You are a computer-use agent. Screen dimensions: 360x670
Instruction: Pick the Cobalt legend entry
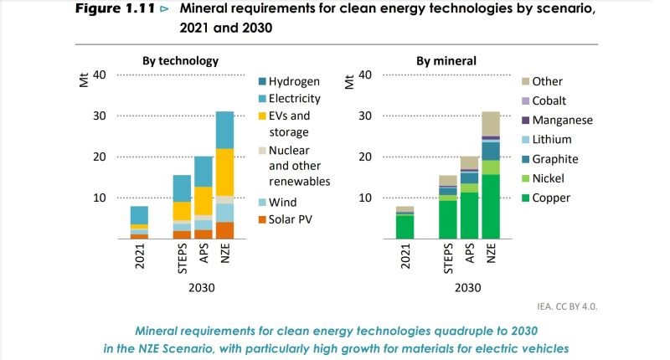549,100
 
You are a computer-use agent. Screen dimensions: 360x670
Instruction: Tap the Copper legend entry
550,198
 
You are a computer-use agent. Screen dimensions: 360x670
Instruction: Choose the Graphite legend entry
554,159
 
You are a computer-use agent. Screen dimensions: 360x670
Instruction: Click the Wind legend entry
281,202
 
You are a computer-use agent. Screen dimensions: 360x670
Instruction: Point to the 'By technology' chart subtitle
180,61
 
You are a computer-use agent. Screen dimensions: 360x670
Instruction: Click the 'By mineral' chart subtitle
446,61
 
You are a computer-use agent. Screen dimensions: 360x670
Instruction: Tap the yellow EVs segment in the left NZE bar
224,172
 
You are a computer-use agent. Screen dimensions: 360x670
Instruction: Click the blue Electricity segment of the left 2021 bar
139,215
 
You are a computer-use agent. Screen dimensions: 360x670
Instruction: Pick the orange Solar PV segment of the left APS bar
204,234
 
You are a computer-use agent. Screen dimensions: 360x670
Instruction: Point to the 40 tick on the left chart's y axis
99,75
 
